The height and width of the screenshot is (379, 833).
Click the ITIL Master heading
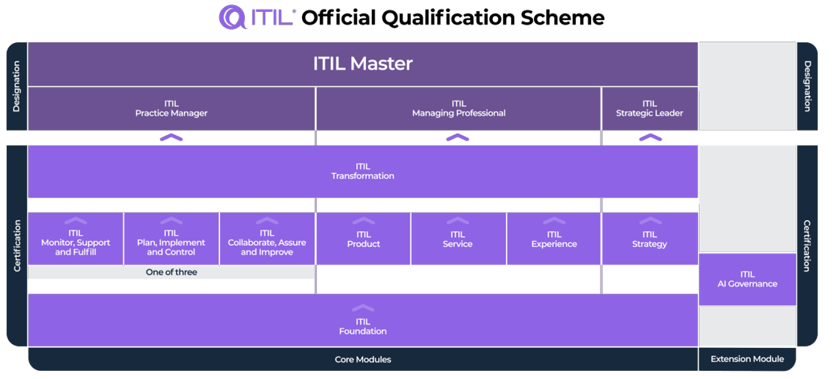[x=362, y=63]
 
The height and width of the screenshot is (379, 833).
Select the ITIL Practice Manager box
[x=171, y=108]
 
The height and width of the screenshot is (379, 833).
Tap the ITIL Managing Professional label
[x=458, y=108]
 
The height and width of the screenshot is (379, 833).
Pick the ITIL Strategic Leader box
[x=649, y=108]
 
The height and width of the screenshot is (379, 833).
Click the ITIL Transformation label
[x=362, y=171]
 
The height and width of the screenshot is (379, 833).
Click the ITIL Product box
[x=363, y=239]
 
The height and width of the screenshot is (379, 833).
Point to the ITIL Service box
[x=458, y=239]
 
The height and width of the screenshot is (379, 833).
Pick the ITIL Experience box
[x=554, y=239]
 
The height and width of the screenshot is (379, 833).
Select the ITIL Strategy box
[x=649, y=239]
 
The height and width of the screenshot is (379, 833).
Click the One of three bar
[x=171, y=272]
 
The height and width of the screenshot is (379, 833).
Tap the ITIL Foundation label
[x=362, y=326]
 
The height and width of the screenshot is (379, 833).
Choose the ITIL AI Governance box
[x=747, y=279]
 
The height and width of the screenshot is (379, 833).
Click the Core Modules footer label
[x=362, y=359]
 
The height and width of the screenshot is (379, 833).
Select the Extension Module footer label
[x=747, y=358]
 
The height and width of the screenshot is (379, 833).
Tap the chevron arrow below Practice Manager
[x=171, y=138]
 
